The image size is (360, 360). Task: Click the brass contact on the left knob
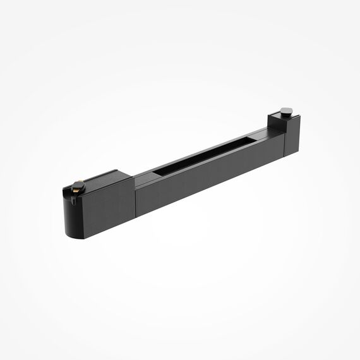77,187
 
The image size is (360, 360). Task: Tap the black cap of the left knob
78,181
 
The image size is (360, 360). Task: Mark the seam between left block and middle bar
135,196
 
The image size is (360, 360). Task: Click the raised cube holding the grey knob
280,121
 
